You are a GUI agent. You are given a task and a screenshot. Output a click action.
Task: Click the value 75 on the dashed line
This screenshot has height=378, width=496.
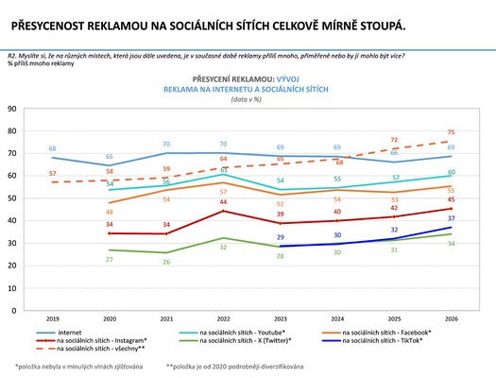tap(453, 132)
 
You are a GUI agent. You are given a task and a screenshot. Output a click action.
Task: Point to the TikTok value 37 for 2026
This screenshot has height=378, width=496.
tap(453, 218)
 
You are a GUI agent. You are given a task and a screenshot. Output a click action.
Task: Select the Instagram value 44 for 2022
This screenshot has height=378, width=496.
tap(224, 201)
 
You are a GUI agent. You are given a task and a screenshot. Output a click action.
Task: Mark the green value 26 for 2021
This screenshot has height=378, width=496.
tap(167, 262)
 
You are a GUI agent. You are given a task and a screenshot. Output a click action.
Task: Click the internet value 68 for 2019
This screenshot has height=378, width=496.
tap(53, 149)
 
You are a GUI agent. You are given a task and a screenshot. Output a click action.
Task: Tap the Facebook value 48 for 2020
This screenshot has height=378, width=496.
tap(111, 212)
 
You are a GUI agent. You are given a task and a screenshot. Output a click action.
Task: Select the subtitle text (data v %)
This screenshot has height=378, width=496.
tap(247, 97)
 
